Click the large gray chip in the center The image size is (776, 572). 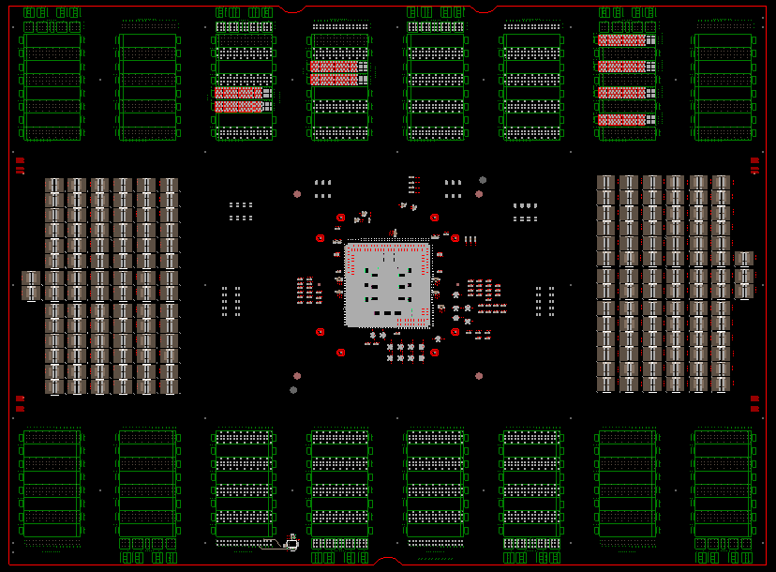pyautogui.click(x=387, y=285)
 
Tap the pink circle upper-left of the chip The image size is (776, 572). pyautogui.click(x=297, y=194)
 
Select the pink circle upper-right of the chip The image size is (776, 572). pyautogui.click(x=479, y=194)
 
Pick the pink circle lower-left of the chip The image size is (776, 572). pyautogui.click(x=297, y=376)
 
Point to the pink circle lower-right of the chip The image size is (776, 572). pyautogui.click(x=479, y=376)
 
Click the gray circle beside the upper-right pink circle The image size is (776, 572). pyautogui.click(x=483, y=180)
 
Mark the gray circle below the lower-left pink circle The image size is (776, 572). pyautogui.click(x=293, y=390)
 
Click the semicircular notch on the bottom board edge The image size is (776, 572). pyautogui.click(x=387, y=562)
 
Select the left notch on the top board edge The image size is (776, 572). pyautogui.click(x=292, y=9)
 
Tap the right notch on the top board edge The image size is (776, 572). pyautogui.click(x=484, y=9)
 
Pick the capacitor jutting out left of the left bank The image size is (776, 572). pyautogui.click(x=31, y=285)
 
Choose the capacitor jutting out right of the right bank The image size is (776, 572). pyautogui.click(x=744, y=274)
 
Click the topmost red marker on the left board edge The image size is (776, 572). pyautogui.click(x=20, y=160)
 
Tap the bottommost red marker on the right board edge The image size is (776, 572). pyautogui.click(x=754, y=409)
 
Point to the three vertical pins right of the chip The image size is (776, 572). pyautogui.click(x=470, y=240)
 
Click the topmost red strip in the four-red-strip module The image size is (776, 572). pyautogui.click(x=622, y=40)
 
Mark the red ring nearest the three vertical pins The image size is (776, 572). pyautogui.click(x=455, y=238)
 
